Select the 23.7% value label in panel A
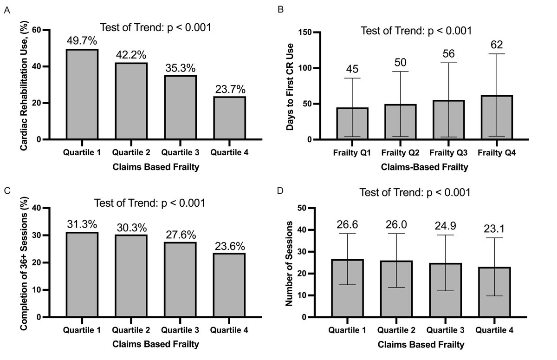pos(229,88)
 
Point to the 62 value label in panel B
pos(497,45)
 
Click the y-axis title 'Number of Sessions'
pos(289,263)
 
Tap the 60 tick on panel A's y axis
pos(33,30)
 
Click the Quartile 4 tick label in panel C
pos(229,330)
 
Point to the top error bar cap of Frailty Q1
pos(352,78)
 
